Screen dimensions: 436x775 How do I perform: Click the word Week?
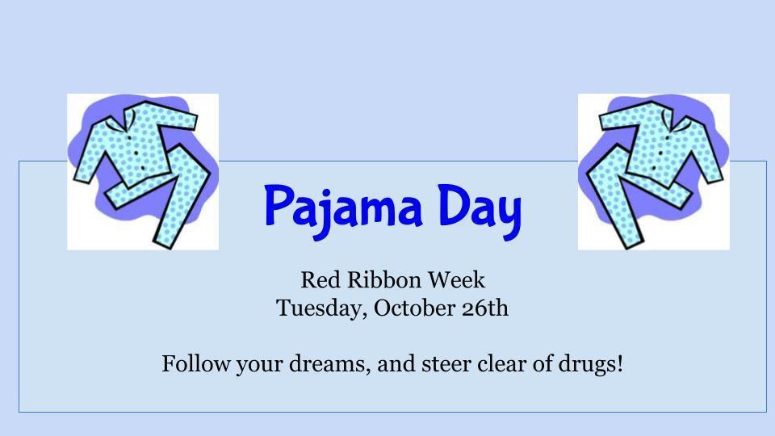click(456, 280)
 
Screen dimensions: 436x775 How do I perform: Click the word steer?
click(446, 364)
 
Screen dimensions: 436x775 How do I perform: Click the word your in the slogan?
click(255, 364)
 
